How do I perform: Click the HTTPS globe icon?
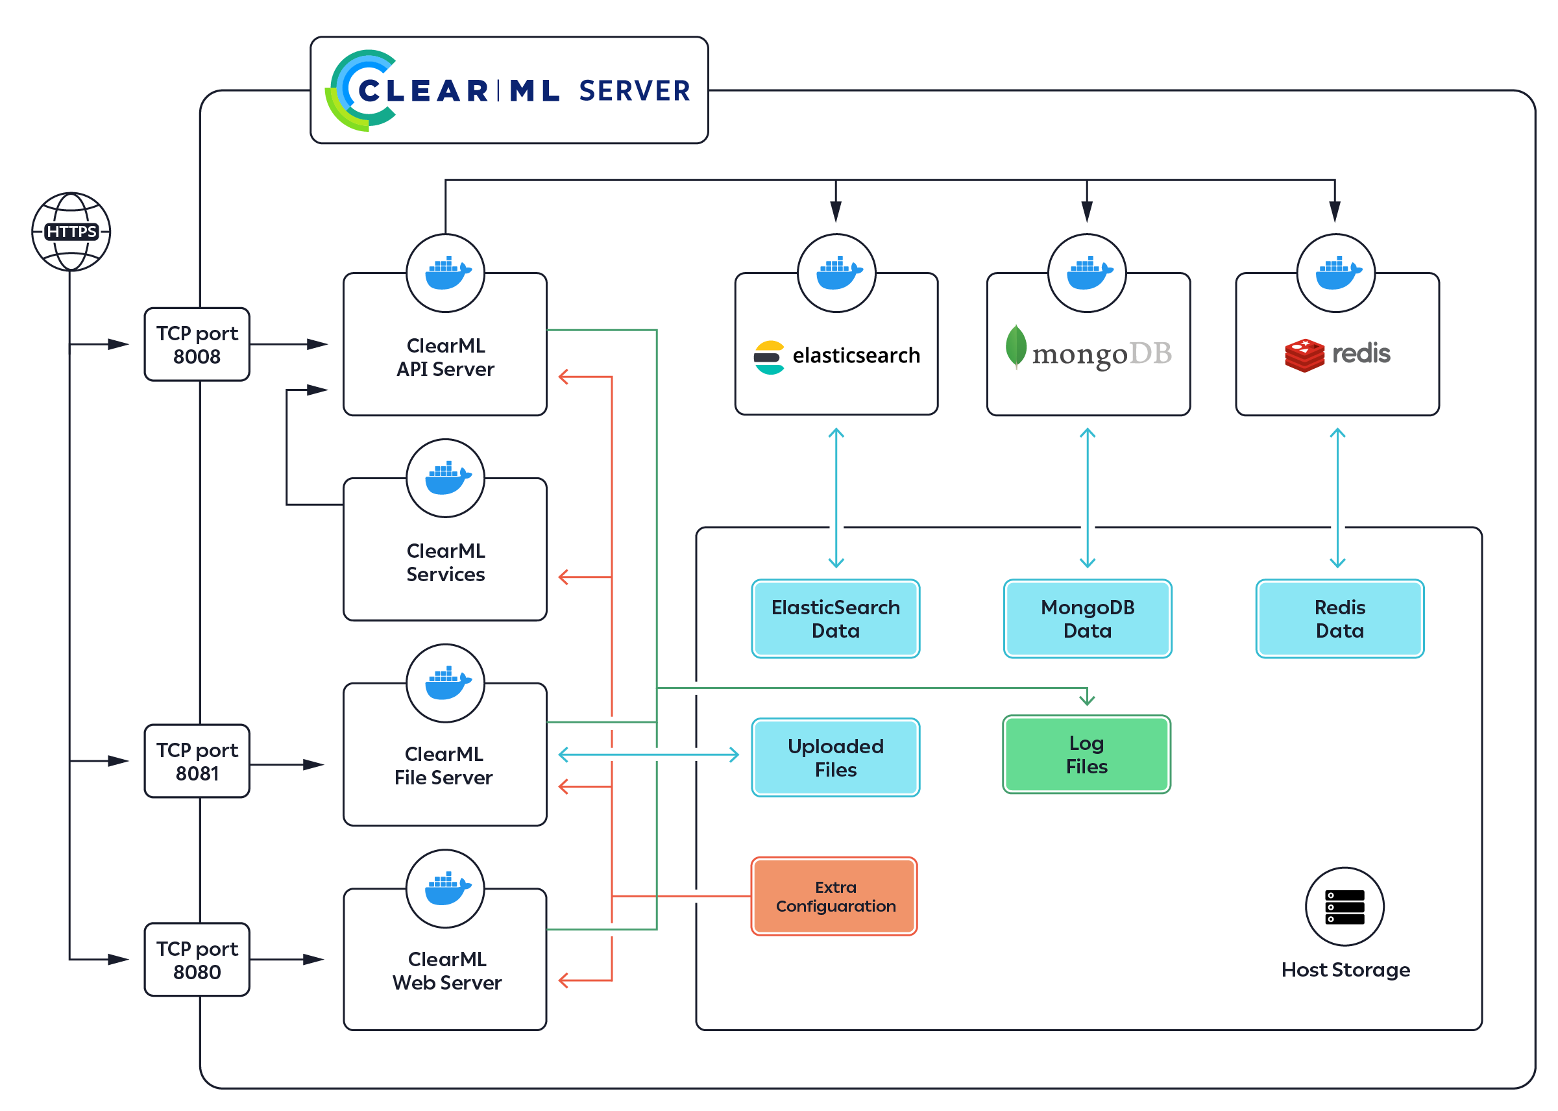[71, 231]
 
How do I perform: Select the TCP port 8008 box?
[197, 344]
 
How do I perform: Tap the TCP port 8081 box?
[197, 761]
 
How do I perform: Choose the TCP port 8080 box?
[197, 959]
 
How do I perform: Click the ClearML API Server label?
[445, 357]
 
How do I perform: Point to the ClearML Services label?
[445, 562]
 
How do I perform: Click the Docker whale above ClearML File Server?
[446, 682]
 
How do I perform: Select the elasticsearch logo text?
[856, 356]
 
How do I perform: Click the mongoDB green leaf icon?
[1016, 346]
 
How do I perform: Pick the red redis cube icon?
[1304, 355]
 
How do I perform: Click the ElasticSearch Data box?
[835, 618]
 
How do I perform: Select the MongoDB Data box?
[1087, 618]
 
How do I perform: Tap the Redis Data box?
[1339, 618]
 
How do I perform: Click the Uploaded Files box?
[835, 757]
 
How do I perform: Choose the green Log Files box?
[1086, 755]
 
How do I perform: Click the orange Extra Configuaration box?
[834, 896]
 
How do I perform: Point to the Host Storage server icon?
[1344, 906]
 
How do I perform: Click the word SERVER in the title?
[635, 91]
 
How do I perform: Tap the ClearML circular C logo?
[361, 90]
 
